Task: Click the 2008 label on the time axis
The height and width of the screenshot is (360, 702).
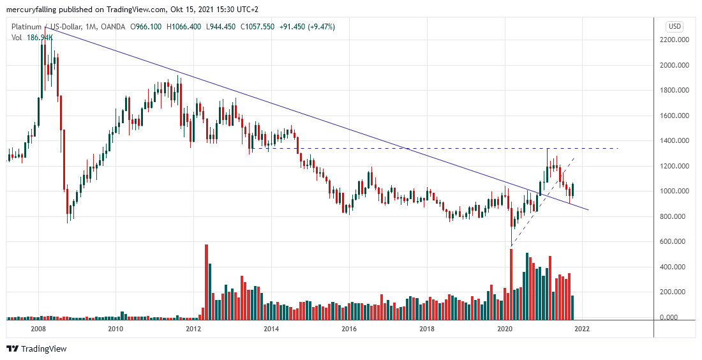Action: (38, 329)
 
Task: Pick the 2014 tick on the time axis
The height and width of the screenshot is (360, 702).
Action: (271, 329)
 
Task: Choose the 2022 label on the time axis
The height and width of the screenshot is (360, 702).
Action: (582, 329)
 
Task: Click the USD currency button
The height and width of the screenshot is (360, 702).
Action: (674, 26)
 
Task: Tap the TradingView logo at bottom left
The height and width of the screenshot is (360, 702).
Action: (36, 349)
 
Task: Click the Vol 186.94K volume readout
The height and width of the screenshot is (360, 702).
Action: (32, 38)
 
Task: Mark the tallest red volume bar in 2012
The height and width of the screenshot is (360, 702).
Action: (206, 281)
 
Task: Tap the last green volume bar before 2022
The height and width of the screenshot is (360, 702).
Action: (572, 306)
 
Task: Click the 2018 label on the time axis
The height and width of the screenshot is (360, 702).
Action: (427, 329)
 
